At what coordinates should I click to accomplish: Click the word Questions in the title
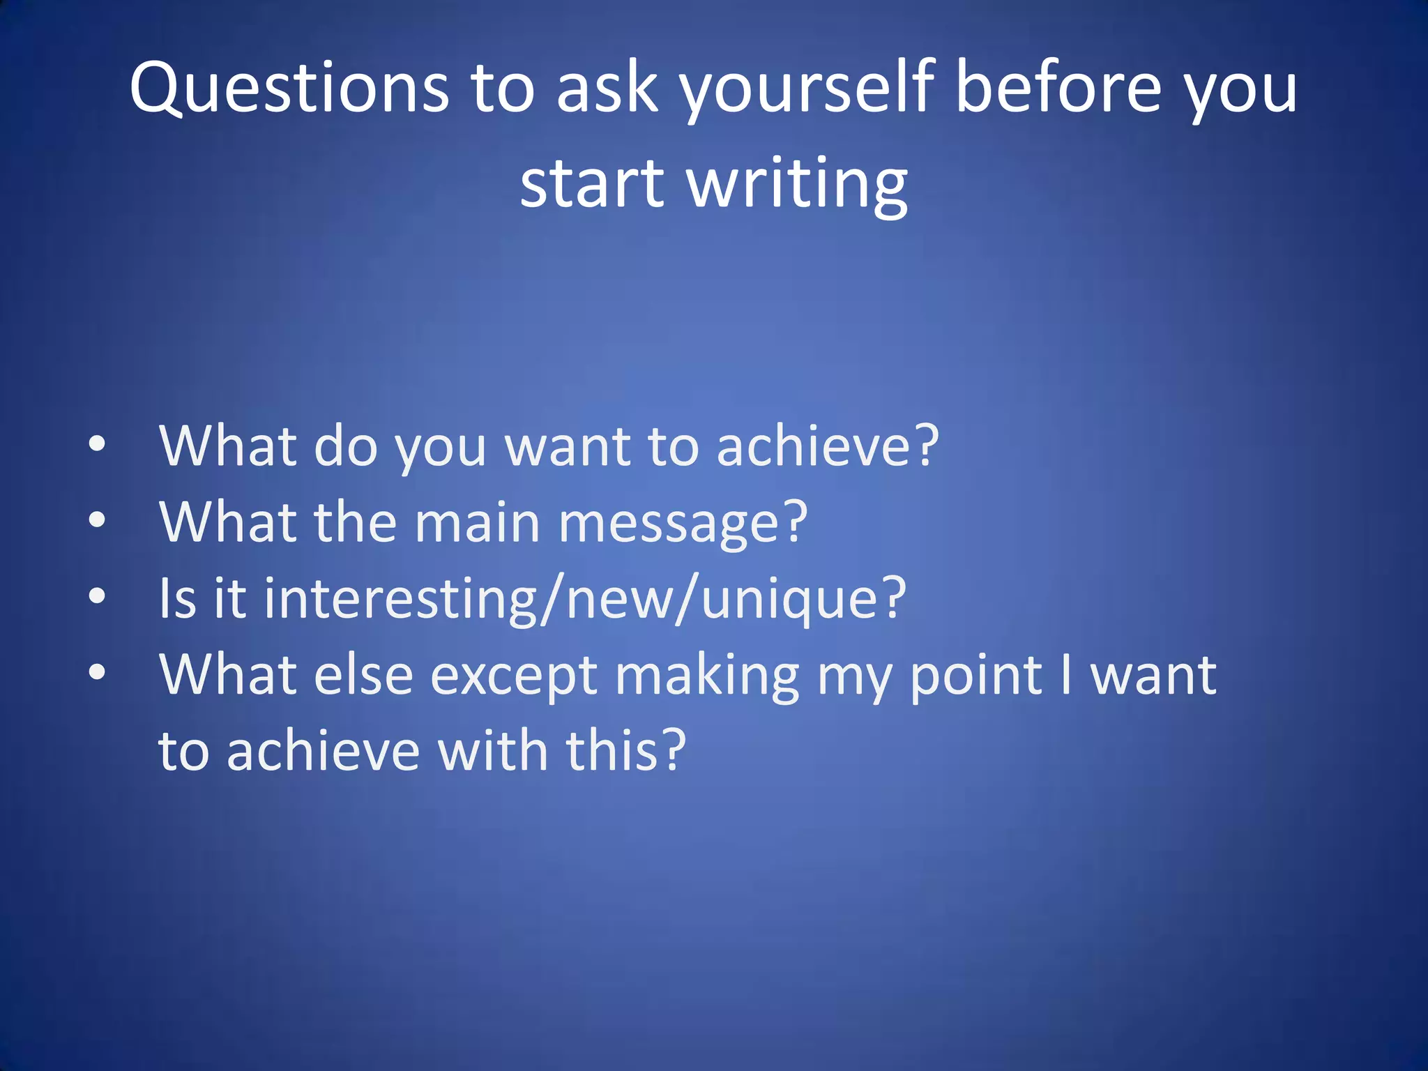point(289,87)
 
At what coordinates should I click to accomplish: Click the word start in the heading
point(593,183)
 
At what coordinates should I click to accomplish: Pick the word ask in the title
point(607,87)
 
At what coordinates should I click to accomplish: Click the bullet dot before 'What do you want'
point(98,443)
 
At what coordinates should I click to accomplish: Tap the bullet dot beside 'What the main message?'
point(98,519)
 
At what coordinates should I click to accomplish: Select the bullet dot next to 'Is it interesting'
point(98,595)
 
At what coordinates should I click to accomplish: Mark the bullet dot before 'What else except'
point(98,671)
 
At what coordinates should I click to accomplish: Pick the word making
point(707,676)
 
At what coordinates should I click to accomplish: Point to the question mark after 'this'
point(674,750)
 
